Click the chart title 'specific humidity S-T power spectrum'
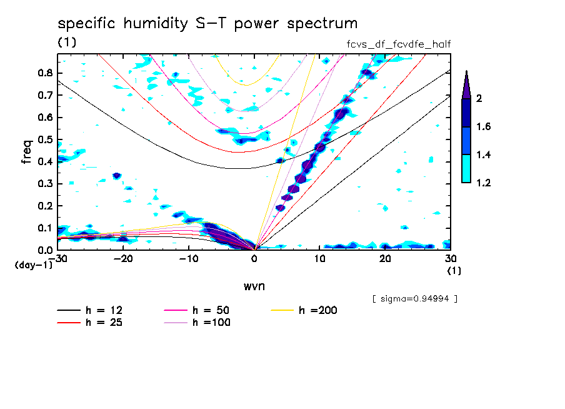pos(207,24)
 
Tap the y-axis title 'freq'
pos(26,153)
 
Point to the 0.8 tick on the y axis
pos(44,73)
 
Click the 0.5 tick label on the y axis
pos(44,139)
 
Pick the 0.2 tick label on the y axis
pos(44,206)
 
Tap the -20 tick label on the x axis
pos(123,259)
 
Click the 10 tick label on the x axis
pos(319,259)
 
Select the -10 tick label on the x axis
pos(189,259)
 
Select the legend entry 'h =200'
pos(318,310)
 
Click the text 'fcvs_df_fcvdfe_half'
pos(399,44)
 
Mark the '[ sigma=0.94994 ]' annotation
pos(414,298)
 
